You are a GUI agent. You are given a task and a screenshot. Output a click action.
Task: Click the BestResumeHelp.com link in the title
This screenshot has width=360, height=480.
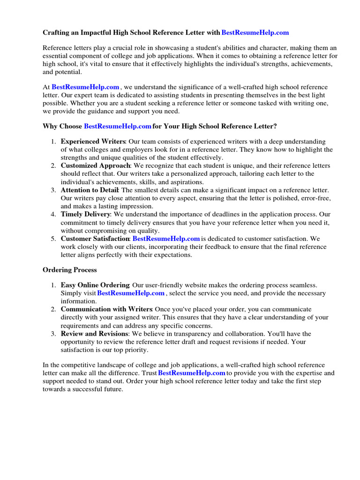[255, 33]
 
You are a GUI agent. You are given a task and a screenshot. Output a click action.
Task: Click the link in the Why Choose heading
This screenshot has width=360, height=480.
[117, 127]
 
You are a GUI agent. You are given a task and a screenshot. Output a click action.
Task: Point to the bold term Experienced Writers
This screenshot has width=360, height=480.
[93, 142]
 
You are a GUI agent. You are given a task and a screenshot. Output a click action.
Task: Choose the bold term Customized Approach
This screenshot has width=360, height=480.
[95, 166]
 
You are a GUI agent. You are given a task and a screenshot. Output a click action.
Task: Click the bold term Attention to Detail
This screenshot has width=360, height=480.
[90, 190]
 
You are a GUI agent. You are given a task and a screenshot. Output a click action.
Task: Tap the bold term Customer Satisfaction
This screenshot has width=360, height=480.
[95, 239]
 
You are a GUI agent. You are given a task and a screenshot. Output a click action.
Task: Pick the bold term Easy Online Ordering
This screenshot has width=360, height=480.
[95, 285]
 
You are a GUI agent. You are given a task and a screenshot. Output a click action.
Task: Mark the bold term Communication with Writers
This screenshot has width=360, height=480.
[106, 309]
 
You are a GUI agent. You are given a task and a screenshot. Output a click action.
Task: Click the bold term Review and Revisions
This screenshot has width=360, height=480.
[94, 334]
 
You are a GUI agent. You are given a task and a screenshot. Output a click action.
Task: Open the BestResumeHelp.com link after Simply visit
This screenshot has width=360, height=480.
[131, 293]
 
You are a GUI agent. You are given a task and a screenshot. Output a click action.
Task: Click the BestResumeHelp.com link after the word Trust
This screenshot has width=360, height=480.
[192, 373]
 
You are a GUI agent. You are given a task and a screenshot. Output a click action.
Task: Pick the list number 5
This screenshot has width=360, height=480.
[53, 239]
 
